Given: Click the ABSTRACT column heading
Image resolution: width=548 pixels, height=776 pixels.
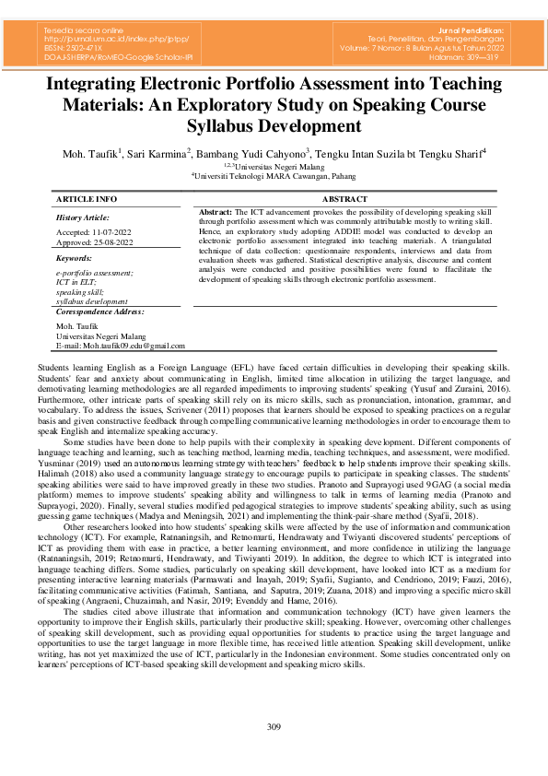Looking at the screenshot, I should [345, 199].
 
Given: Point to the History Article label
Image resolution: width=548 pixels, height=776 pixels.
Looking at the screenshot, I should [83, 218].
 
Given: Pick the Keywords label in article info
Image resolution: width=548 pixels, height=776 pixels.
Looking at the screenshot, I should [75, 259].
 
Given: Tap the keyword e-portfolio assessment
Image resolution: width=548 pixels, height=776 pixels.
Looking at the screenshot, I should [94, 274].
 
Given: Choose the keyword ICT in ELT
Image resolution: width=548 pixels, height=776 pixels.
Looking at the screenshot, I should [79, 283].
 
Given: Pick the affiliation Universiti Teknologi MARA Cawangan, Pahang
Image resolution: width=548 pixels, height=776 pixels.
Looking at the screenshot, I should [274, 174].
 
